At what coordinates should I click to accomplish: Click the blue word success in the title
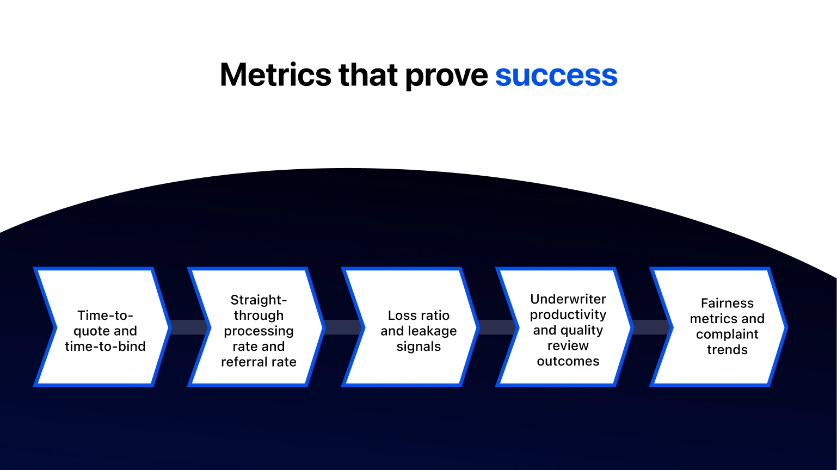(x=556, y=75)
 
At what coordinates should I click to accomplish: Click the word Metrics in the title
(x=275, y=75)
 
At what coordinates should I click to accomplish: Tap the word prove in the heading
(x=446, y=75)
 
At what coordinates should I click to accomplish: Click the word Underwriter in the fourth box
(x=568, y=299)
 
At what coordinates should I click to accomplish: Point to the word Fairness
(x=727, y=303)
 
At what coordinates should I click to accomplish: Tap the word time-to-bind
(x=105, y=347)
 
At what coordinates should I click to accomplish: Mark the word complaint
(x=727, y=334)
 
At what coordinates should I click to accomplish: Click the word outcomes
(x=568, y=361)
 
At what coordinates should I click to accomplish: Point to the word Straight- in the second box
(x=259, y=300)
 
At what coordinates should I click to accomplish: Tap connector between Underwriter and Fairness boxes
(x=651, y=327)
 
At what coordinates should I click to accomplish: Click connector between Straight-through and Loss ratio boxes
(x=343, y=327)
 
